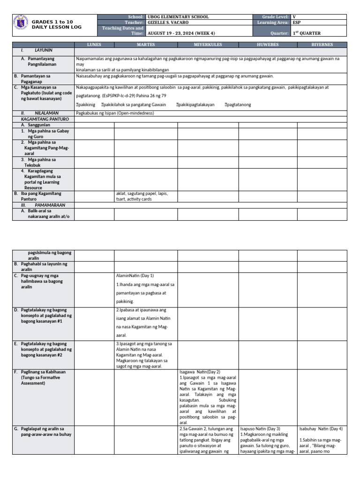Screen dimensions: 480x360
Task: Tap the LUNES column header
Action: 94,44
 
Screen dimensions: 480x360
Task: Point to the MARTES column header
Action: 146,44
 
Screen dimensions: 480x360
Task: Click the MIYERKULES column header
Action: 208,44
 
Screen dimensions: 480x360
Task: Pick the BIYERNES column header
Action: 322,44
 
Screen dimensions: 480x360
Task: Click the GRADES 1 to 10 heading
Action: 52,22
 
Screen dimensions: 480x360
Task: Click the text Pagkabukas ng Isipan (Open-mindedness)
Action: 115,113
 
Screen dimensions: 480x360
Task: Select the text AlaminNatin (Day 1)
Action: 135,276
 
